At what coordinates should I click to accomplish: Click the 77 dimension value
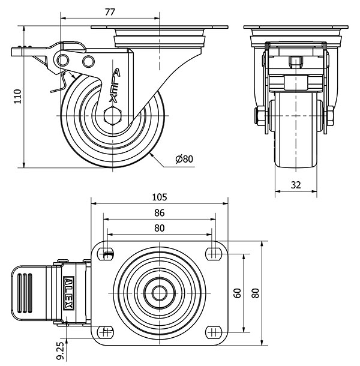click(x=110, y=11)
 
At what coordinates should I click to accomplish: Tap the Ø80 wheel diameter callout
click(x=184, y=159)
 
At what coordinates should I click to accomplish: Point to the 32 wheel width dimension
click(x=296, y=185)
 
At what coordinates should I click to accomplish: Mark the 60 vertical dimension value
click(x=238, y=293)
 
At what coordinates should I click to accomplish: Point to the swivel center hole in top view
click(x=159, y=293)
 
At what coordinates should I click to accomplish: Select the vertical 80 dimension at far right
click(x=257, y=293)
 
